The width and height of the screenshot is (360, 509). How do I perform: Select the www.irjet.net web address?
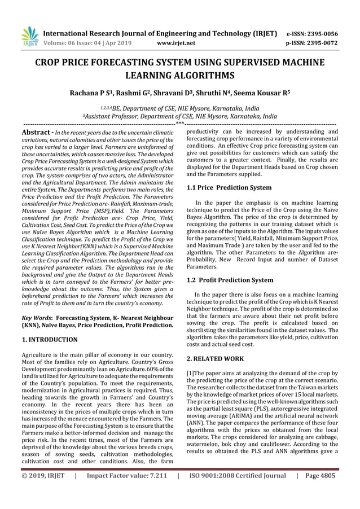pyautogui.click(x=177, y=42)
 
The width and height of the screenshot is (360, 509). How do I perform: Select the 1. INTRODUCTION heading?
pyautogui.click(x=49, y=340)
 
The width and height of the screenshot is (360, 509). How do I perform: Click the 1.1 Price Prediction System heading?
pyautogui.click(x=229, y=187)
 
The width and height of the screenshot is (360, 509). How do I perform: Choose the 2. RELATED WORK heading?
pyautogui.click(x=214, y=358)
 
